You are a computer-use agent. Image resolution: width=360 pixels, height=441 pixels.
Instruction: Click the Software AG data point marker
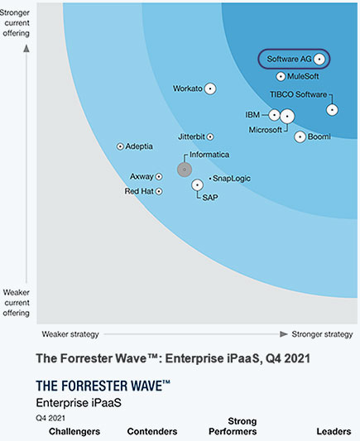(319, 59)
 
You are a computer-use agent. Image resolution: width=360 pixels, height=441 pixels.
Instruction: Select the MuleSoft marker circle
(281, 76)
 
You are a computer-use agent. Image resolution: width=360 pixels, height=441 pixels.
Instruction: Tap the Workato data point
(210, 89)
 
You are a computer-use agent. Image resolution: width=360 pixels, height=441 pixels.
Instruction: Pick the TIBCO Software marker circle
(332, 110)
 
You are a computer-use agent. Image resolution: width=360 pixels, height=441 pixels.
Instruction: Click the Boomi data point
(300, 137)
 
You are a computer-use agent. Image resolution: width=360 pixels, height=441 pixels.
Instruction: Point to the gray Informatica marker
(185, 170)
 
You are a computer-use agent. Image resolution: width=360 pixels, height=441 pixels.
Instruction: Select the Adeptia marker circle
(120, 146)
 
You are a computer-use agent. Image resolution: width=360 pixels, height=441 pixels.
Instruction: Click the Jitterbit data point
(210, 137)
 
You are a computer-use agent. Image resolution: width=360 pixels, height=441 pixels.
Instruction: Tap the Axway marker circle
(159, 176)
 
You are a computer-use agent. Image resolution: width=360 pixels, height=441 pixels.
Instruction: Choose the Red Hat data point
(159, 191)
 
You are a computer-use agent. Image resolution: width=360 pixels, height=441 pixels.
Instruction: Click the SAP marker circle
(197, 185)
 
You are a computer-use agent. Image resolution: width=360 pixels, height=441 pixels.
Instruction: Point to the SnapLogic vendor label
(232, 179)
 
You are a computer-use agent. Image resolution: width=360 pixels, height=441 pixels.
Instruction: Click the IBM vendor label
(252, 115)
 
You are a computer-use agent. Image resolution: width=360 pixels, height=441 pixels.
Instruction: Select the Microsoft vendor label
(265, 130)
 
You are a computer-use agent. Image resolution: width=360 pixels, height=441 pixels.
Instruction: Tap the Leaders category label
(334, 431)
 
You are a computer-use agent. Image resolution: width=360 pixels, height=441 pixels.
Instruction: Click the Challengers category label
(74, 431)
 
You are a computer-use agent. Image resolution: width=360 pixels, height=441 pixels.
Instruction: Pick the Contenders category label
(152, 431)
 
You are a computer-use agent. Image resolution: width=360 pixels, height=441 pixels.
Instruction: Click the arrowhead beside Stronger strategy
(284, 334)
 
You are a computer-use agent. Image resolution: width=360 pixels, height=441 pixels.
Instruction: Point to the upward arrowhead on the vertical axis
(26, 49)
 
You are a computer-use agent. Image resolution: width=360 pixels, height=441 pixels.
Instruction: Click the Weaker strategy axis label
(70, 334)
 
